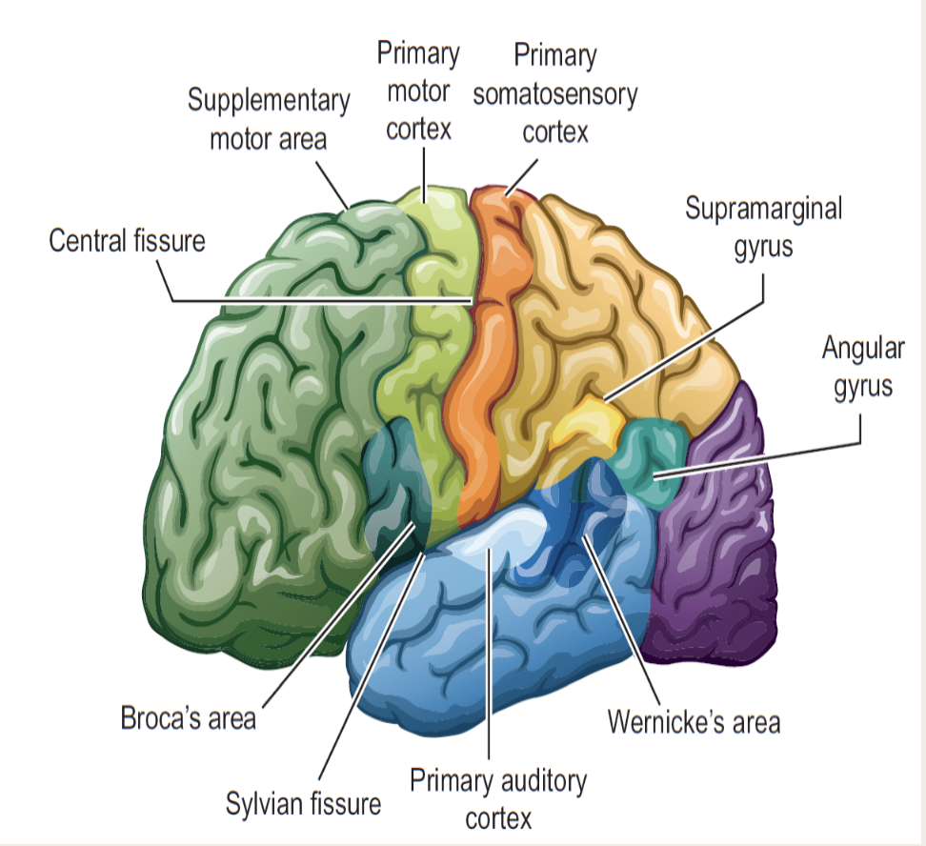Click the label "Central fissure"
pos(127,241)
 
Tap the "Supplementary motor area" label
pos(269,119)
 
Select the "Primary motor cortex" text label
pos(418,91)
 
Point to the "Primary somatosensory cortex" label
pos(555,93)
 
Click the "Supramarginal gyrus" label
pos(764,228)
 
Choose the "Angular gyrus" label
pos(863,368)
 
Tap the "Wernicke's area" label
pos(694,722)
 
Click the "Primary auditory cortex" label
pos(498,799)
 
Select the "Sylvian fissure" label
pos(304,804)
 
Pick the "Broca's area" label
pos(189,718)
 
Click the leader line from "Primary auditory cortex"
pos(489,654)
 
